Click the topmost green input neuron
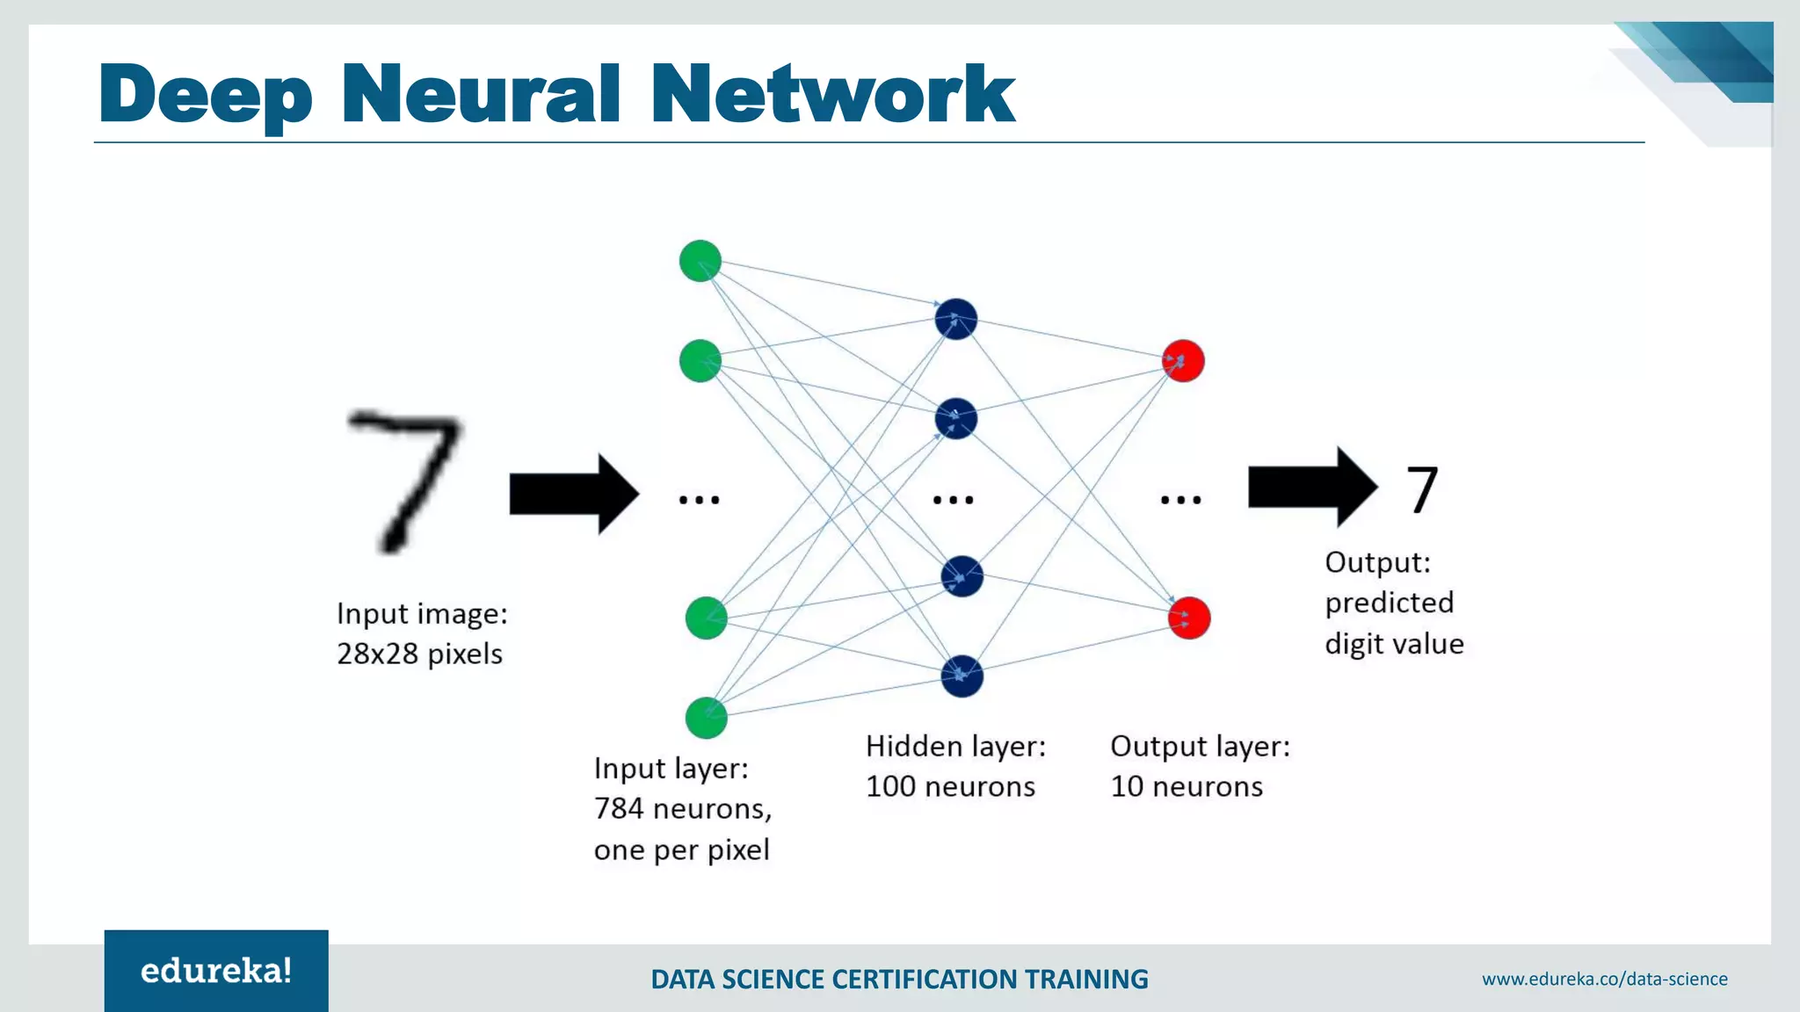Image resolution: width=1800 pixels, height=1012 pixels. coord(700,261)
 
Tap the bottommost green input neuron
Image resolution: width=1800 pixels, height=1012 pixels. coord(707,718)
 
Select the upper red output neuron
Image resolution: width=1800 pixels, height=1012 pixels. coord(1183,361)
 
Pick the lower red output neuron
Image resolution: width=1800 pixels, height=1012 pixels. coord(1189,618)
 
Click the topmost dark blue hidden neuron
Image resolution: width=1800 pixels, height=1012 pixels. coord(956,319)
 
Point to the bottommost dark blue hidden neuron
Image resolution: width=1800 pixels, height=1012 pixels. coord(962,676)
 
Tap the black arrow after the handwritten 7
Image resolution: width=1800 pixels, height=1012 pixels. coord(574,494)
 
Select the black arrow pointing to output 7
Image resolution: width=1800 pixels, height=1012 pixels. coord(1312,487)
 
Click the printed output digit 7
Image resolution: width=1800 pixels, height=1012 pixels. coord(1422,490)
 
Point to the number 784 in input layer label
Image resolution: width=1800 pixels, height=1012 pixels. coord(619,808)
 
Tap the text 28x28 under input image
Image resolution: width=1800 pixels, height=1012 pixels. coord(377,654)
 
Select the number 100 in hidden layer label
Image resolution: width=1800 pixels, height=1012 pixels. coord(891,786)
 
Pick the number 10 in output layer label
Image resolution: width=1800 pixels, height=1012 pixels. coord(1127,786)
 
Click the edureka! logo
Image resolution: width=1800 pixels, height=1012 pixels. coord(216,971)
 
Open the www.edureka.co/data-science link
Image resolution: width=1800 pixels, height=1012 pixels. coord(1604,979)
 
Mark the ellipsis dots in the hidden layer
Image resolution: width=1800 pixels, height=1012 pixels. coord(954,500)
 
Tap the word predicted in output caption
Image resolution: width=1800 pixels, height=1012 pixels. coord(1389,604)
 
